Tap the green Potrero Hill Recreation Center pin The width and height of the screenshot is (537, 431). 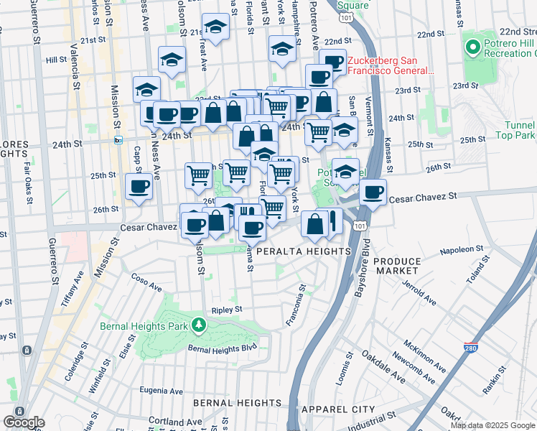[x=472, y=48]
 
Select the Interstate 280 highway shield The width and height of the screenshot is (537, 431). [x=472, y=348]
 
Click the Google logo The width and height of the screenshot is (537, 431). [x=24, y=422]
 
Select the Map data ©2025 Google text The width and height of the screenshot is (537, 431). [x=492, y=425]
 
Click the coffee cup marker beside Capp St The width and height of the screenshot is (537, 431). [x=139, y=187]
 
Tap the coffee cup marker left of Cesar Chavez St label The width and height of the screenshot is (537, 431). [x=373, y=192]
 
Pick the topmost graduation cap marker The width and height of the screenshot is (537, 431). [x=214, y=27]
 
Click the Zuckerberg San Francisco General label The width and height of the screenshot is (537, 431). [x=391, y=66]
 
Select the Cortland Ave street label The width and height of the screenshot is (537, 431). [x=175, y=421]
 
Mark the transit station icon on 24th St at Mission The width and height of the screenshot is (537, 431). [x=119, y=141]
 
